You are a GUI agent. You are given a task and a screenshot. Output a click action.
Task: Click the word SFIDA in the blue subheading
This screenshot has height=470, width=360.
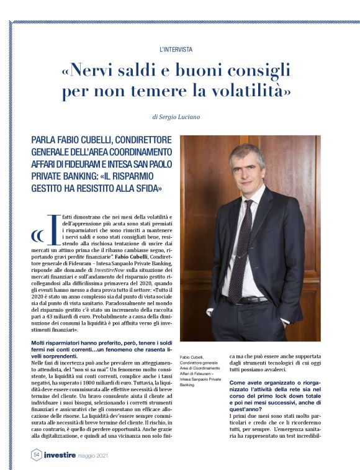coord(143,187)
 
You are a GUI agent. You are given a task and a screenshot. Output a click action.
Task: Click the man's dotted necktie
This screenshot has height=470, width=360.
coord(241,248)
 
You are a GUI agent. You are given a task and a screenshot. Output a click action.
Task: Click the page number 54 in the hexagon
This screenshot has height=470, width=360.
coord(36,455)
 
